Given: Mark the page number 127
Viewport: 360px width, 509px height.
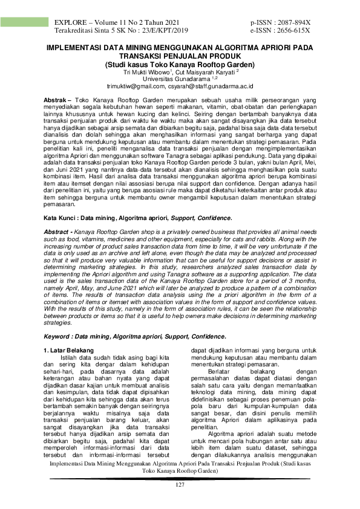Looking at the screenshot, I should (180, 485).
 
